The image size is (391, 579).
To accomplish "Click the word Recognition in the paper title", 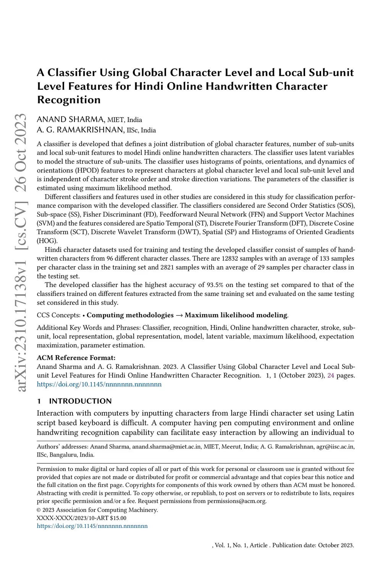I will pos(69,100).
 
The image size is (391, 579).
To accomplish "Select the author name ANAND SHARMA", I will pos(70,120).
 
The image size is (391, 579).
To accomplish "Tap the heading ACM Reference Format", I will pos(76,358).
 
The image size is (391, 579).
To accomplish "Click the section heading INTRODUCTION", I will pos(80,401).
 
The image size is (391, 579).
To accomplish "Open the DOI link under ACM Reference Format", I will pos(99,384).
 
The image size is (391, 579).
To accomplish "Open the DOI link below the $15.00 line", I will pos(92,526).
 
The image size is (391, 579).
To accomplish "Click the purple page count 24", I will pos(331,376).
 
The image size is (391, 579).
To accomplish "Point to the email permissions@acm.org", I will pos(236,501).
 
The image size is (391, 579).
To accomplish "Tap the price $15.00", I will pos(118,518).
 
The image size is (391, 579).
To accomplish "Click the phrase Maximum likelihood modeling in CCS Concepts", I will pos(236,315).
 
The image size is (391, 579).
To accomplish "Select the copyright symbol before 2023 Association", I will pos(39,510).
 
